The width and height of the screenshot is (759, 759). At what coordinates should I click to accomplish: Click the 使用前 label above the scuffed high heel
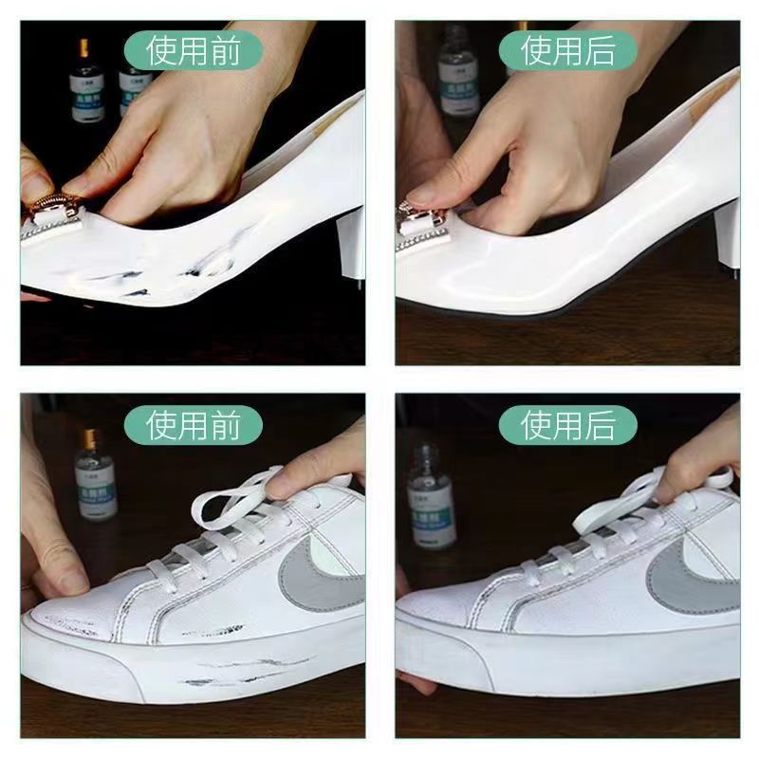coord(194,48)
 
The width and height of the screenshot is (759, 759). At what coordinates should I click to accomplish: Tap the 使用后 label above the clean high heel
coord(568,48)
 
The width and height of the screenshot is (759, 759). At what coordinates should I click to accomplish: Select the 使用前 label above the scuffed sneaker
coord(194,423)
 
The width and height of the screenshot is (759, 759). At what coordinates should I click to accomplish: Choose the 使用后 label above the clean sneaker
coord(568,423)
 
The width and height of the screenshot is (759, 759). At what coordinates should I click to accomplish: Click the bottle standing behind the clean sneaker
coord(431,498)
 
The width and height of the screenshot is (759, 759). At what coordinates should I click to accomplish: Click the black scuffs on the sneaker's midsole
coord(237,672)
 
